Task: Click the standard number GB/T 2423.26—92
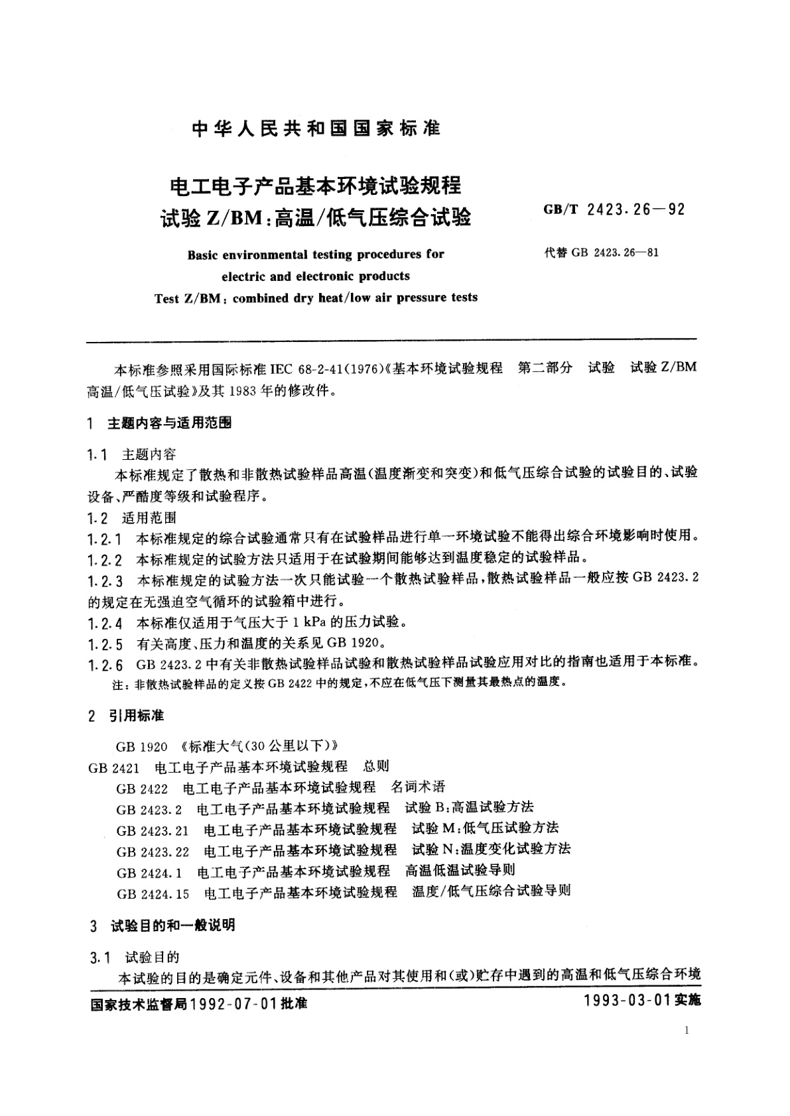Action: pyautogui.click(x=614, y=210)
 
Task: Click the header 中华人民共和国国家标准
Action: pyautogui.click(x=316, y=129)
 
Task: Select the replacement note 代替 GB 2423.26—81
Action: pyautogui.click(x=601, y=252)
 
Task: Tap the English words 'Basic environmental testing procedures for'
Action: pyautogui.click(x=316, y=254)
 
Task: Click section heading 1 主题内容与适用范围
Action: pyautogui.click(x=160, y=423)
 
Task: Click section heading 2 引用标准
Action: pyautogui.click(x=126, y=716)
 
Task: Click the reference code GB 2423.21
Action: pyautogui.click(x=153, y=830)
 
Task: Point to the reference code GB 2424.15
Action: pyautogui.click(x=153, y=893)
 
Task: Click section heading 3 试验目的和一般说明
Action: pyautogui.click(x=162, y=925)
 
